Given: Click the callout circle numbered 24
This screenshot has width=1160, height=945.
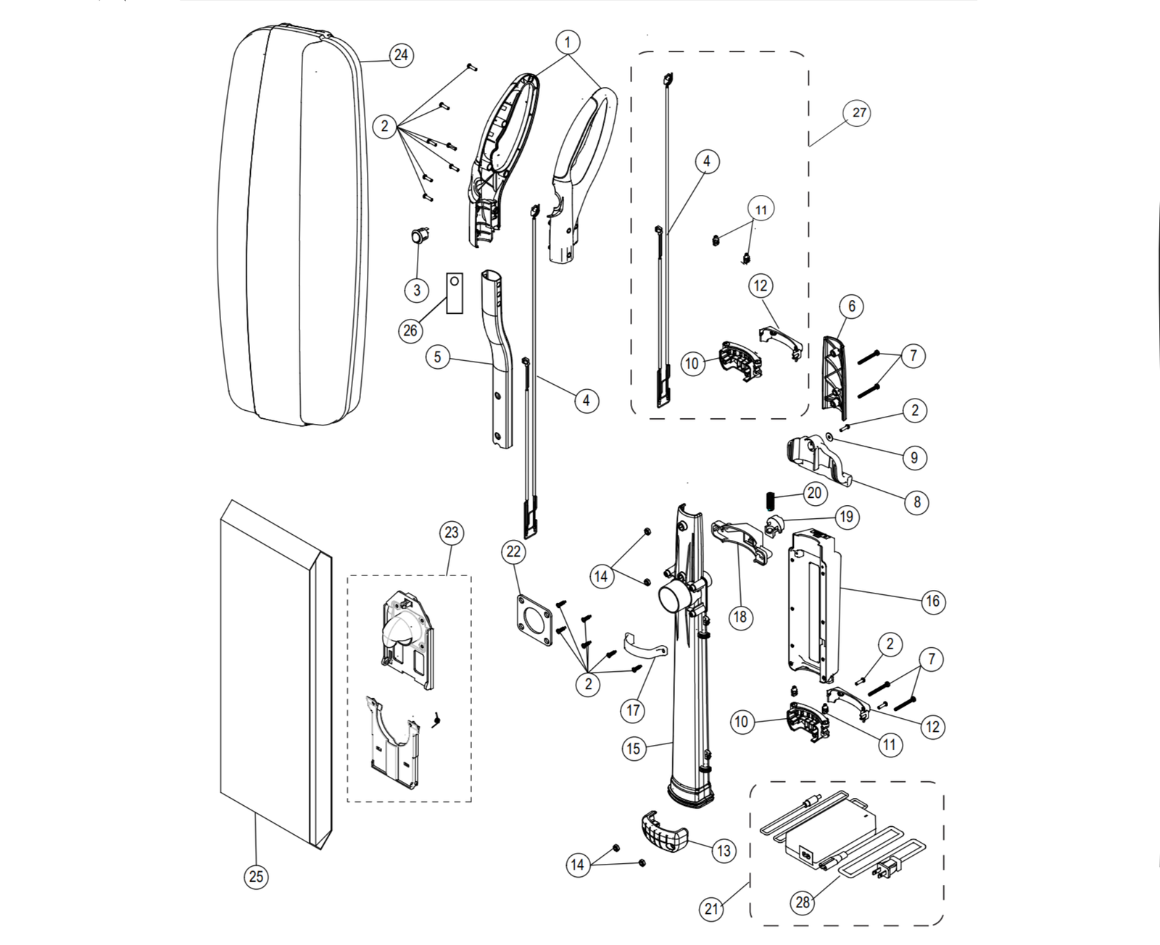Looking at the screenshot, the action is coord(401,55).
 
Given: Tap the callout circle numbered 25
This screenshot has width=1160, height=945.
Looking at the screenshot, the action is coord(256,876).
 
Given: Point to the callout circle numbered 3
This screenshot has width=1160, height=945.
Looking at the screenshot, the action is coord(417,290).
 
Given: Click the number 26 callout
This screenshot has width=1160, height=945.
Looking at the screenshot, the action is coord(410,330).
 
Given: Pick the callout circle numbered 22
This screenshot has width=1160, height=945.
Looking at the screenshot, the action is coord(513,551).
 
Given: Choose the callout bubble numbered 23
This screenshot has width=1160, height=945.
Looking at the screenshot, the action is coord(452,533).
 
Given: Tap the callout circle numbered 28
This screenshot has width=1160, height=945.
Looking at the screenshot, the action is coord(803,902).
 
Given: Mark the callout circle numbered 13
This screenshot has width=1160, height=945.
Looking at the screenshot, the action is coord(724,851).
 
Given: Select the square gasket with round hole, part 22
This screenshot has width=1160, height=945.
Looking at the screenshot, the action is coord(534,620).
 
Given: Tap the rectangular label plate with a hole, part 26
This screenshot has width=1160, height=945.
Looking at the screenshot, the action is coord(455,293).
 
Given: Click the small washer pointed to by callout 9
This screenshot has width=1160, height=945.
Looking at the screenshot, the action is coord(829,436).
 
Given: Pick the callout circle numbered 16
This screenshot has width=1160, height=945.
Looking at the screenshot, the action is coord(932,601).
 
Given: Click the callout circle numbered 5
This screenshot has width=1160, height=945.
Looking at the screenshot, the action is coord(437,357).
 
